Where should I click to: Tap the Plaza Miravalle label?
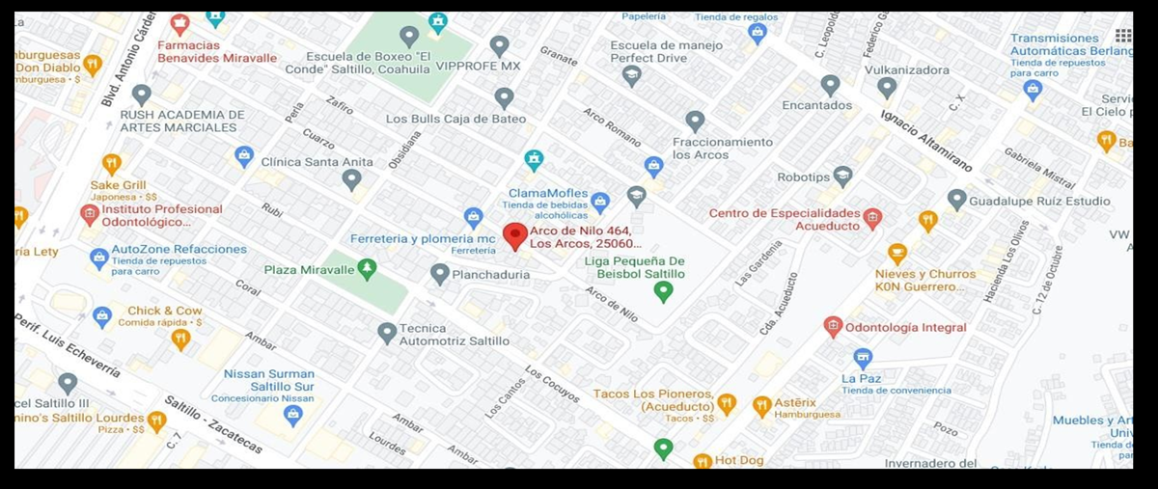click(309, 270)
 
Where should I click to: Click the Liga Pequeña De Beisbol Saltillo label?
click(635, 267)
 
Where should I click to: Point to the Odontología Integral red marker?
click(833, 327)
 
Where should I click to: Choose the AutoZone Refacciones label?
click(179, 249)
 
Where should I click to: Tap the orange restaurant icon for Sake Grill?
click(111, 164)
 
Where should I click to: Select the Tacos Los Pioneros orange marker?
click(727, 404)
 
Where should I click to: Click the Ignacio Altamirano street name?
click(925, 141)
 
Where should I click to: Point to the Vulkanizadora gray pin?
click(887, 88)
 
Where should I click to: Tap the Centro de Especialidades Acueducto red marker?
click(872, 219)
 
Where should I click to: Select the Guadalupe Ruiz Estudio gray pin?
click(956, 200)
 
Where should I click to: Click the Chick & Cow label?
click(164, 311)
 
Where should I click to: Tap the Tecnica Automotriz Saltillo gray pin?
click(387, 333)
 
